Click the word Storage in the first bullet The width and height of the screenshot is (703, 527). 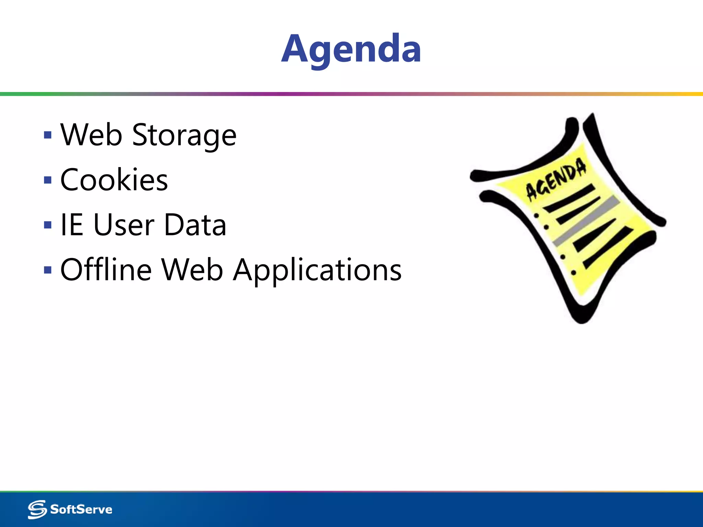pos(184,135)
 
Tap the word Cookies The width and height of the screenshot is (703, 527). pos(114,180)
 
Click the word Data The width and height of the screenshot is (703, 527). pos(195,225)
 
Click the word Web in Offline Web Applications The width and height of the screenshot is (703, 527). pos(193,270)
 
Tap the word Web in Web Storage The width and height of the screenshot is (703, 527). pos(91,135)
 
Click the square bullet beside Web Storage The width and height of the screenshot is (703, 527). pos(48,135)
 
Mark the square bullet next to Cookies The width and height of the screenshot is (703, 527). pos(48,180)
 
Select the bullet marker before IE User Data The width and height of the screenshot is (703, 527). pos(48,225)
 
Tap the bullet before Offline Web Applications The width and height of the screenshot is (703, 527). pos(48,270)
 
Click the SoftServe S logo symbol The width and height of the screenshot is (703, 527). pos(37,509)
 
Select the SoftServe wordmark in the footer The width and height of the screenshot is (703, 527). pos(81,510)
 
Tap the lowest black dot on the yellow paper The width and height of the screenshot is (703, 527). pos(574,273)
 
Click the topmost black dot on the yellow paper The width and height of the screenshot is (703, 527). pos(537,215)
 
